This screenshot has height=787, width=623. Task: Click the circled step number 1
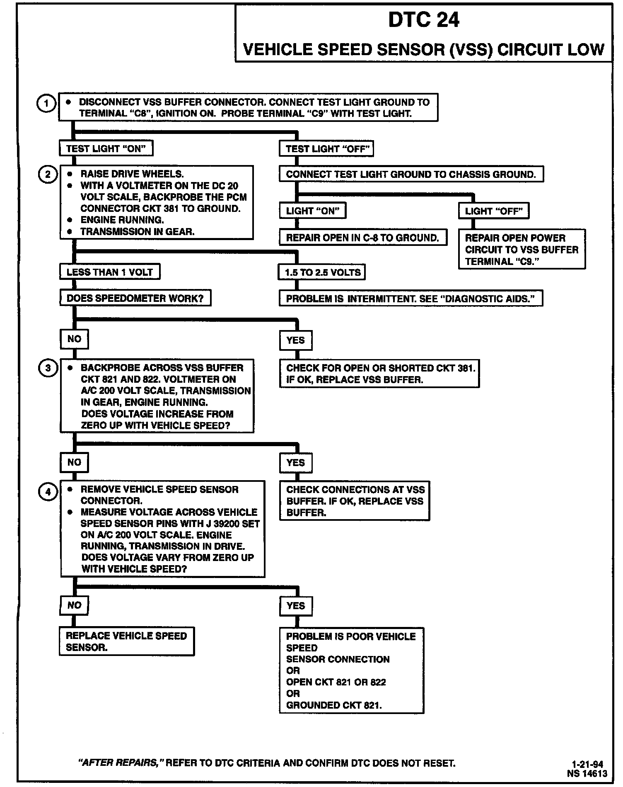(x=46, y=103)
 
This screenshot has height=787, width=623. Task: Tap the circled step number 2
(x=48, y=175)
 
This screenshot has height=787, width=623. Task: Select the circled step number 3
(x=48, y=368)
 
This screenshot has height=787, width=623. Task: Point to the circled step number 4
(x=48, y=492)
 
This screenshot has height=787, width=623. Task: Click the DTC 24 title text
(x=424, y=20)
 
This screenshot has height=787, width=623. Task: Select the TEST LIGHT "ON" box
(x=106, y=148)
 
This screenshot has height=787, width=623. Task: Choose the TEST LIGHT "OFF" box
(x=326, y=149)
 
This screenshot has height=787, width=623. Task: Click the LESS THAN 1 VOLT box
(x=110, y=272)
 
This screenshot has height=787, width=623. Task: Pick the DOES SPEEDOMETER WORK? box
(x=135, y=298)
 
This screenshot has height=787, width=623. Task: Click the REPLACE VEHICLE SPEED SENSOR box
(x=126, y=641)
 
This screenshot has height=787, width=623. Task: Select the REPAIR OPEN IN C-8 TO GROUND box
(x=363, y=238)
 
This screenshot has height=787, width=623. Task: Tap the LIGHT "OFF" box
(x=494, y=211)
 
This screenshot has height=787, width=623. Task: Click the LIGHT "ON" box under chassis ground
(x=313, y=211)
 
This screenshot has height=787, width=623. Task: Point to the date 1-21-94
(x=587, y=764)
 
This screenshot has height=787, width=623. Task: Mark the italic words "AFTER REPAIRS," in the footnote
(x=121, y=763)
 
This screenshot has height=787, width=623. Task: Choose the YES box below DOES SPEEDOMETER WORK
(x=296, y=340)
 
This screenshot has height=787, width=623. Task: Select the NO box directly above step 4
(x=74, y=462)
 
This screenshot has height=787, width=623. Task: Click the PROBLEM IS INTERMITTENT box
(x=411, y=299)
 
